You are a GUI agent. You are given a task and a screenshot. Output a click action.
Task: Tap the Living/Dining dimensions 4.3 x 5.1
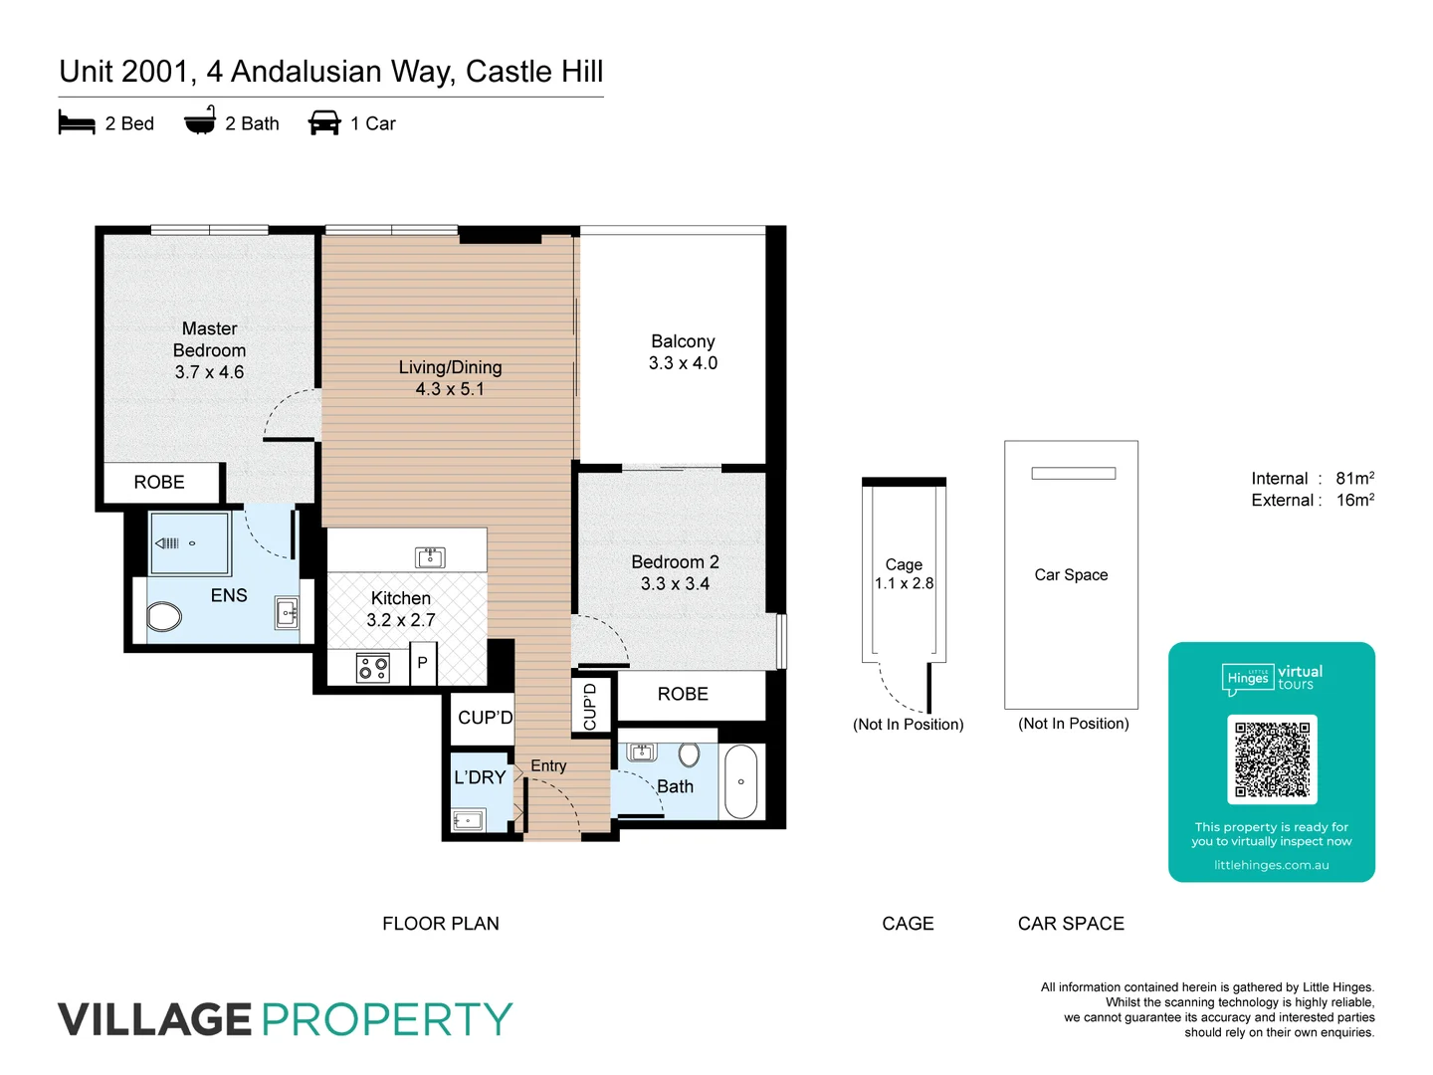click(450, 389)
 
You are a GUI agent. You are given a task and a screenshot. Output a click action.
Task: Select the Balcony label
click(683, 341)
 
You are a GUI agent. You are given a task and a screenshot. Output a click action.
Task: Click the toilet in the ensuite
click(164, 617)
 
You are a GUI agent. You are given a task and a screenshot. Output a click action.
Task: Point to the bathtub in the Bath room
click(740, 781)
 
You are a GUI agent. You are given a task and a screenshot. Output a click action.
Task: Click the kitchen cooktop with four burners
click(373, 667)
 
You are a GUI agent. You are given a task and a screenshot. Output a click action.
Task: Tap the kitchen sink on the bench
click(430, 557)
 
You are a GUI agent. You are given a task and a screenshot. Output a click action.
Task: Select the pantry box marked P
click(423, 663)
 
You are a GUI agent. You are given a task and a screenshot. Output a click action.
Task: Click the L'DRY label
click(480, 777)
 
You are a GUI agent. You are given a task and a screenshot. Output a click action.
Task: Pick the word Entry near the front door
click(548, 765)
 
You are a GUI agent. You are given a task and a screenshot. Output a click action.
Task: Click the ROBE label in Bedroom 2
click(683, 694)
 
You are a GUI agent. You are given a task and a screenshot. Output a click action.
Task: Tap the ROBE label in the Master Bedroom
click(159, 482)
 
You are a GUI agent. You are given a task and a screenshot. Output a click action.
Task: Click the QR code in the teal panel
click(1272, 758)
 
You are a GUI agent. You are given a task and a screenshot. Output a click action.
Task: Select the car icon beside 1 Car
click(324, 123)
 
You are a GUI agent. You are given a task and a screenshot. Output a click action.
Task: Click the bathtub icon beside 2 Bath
click(200, 121)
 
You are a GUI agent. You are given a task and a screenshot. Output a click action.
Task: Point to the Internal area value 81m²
click(1354, 478)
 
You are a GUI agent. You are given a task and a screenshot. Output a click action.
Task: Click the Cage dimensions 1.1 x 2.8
click(904, 583)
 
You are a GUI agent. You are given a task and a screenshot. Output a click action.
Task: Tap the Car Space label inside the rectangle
click(1071, 574)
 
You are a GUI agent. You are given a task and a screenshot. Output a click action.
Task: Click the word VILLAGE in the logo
click(155, 1019)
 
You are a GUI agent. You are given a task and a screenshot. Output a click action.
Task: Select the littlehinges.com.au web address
click(1271, 865)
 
